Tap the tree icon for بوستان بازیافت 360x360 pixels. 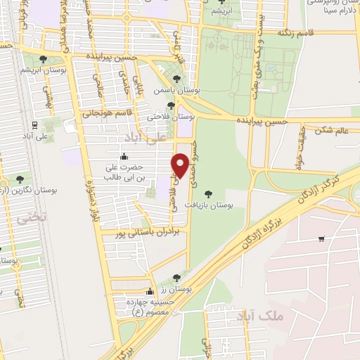point(207,193)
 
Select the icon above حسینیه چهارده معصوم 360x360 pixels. point(149,292)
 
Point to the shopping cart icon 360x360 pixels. point(321,239)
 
